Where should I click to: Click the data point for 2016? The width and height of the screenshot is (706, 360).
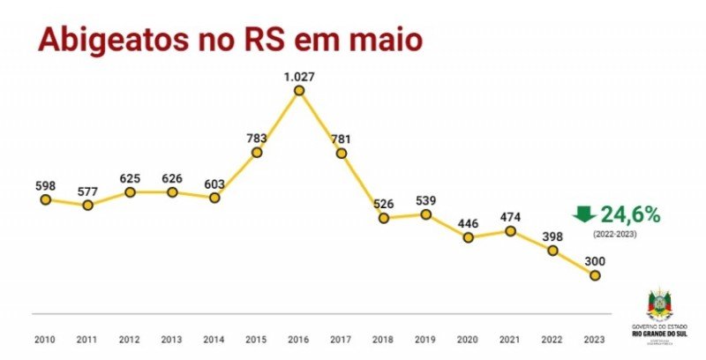[299, 90]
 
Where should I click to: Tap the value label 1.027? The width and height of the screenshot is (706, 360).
[299, 76]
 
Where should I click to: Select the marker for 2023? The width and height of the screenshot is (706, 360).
[595, 275]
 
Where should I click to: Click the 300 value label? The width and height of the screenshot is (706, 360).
[595, 261]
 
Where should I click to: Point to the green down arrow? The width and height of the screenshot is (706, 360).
[583, 214]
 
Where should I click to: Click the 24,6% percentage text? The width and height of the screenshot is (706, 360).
[630, 214]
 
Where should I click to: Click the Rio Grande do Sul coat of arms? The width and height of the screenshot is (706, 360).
[660, 304]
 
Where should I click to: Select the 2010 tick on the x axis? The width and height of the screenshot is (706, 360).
[45, 339]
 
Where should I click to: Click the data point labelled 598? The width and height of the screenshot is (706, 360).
[45, 199]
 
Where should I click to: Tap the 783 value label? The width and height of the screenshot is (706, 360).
[257, 138]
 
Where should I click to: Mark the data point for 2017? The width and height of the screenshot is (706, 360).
[342, 153]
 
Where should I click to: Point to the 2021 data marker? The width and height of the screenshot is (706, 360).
[510, 231]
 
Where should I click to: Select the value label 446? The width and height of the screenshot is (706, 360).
[468, 222]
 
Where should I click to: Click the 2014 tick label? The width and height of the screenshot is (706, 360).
[214, 339]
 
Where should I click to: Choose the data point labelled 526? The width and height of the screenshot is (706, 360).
[384, 217]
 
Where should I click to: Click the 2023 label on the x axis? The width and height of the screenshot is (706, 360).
[595, 339]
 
